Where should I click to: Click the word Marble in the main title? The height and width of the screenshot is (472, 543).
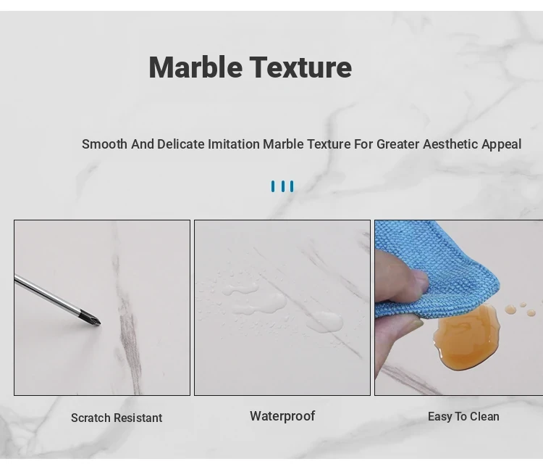point(195,67)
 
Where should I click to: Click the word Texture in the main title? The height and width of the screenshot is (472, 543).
point(300,67)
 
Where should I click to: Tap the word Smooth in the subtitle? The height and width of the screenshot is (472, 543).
point(104,144)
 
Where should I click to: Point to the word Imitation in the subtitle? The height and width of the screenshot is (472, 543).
point(234,144)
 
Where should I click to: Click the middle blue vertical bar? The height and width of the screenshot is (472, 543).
point(283,186)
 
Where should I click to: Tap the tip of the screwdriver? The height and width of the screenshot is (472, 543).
point(100,324)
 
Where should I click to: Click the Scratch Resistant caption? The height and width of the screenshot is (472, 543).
point(117,418)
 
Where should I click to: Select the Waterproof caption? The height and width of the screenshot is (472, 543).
point(282,416)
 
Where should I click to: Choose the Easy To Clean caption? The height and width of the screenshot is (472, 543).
point(463,416)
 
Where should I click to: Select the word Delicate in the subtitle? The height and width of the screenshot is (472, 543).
point(181,144)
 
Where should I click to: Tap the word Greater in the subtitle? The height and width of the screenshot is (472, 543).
point(398,144)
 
